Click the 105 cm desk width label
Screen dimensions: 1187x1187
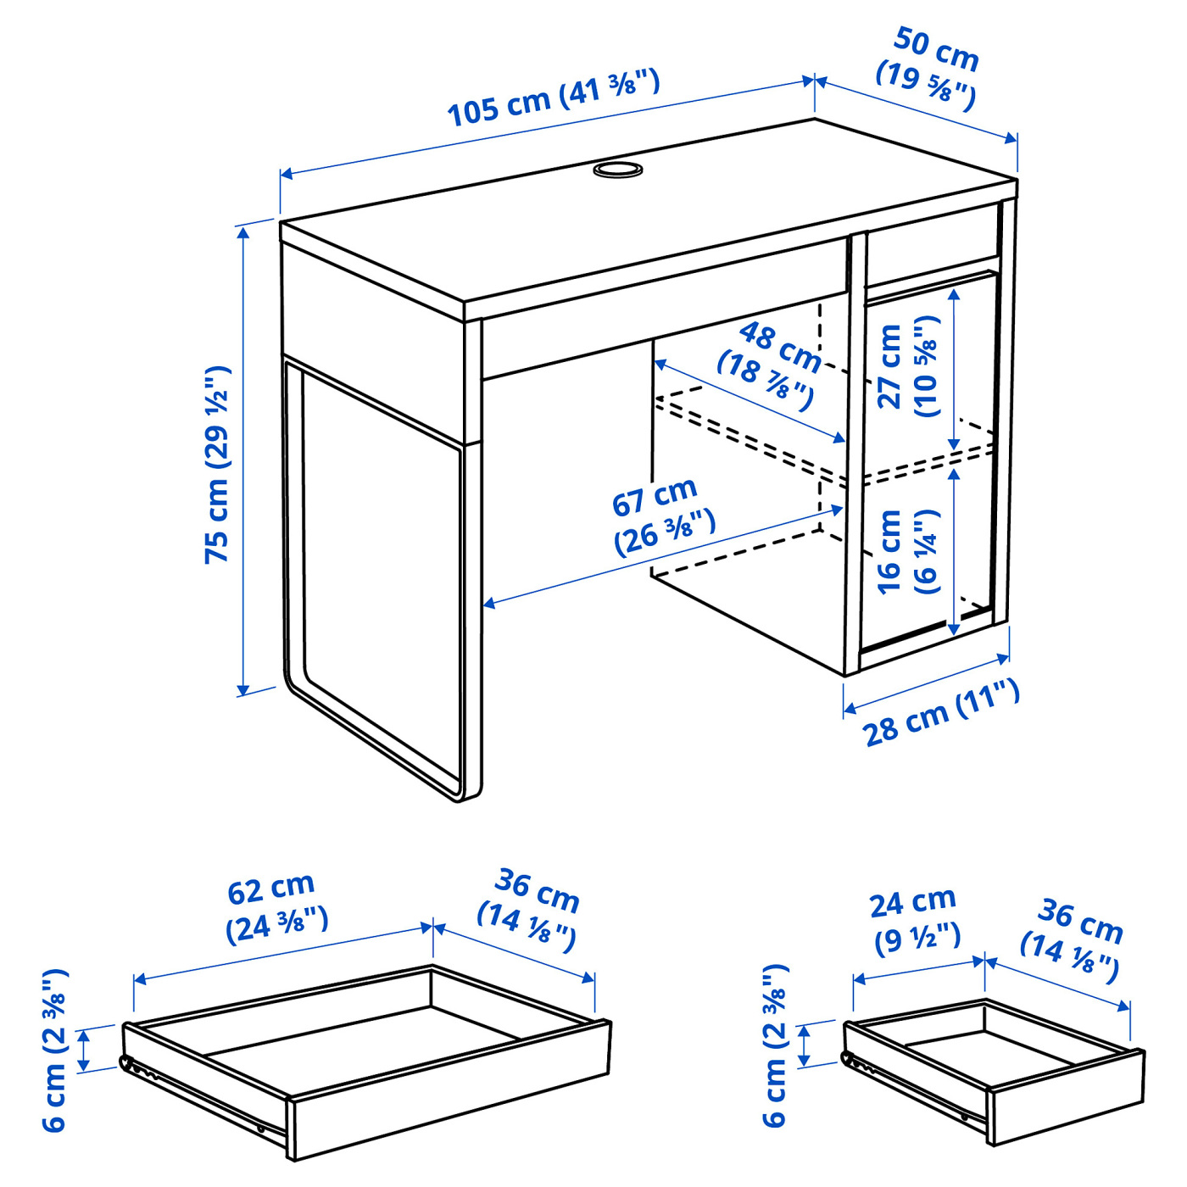pyautogui.click(x=553, y=98)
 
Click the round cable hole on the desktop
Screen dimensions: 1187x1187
pyautogui.click(x=618, y=170)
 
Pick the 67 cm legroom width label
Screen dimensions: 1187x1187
pyautogui.click(x=661, y=517)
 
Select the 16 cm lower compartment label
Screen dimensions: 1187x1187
pyautogui.click(x=907, y=551)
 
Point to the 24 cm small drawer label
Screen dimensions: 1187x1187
pyautogui.click(x=916, y=920)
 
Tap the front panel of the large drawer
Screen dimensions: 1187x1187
pyautogui.click(x=449, y=1094)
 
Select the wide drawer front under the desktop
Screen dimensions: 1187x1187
pyautogui.click(x=661, y=331)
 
